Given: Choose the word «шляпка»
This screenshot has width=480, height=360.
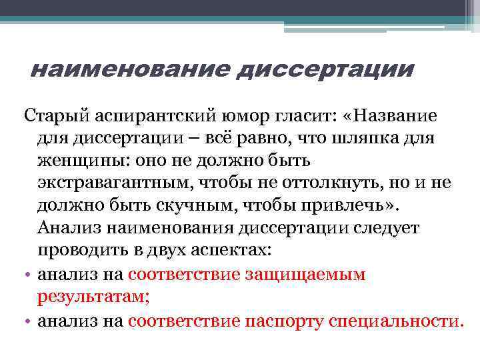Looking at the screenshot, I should coord(395,138).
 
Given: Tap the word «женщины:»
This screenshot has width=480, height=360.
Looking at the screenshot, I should coord(81,161).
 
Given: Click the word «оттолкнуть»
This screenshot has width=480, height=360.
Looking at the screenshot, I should coord(334,183).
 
